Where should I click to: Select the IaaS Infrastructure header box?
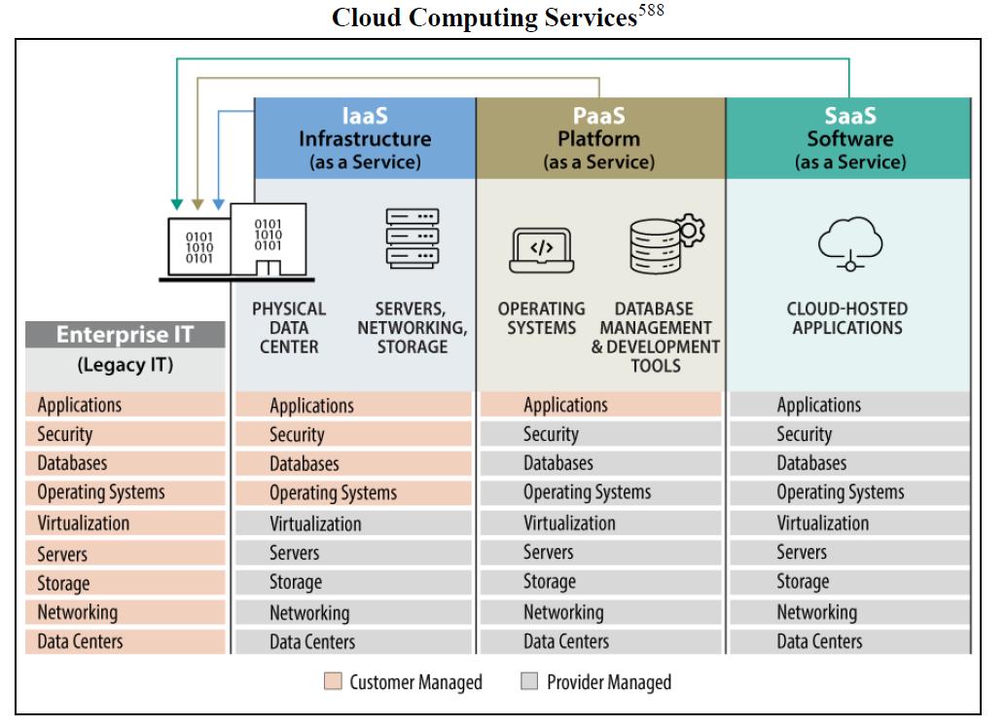[x=365, y=138]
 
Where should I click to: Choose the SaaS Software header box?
[x=849, y=138]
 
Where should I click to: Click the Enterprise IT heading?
[x=125, y=336]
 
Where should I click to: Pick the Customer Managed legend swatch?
[x=332, y=682]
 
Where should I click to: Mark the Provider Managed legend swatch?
[x=529, y=682]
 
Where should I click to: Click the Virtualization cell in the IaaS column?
[x=353, y=524]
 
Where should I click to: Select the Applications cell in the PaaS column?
[x=600, y=405]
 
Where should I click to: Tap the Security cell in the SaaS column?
[x=848, y=434]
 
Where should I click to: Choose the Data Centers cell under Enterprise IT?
[x=126, y=641]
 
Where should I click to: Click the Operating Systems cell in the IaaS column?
[x=353, y=493]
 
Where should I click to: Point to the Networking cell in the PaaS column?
[x=600, y=612]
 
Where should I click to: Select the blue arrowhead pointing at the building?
[x=219, y=204]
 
